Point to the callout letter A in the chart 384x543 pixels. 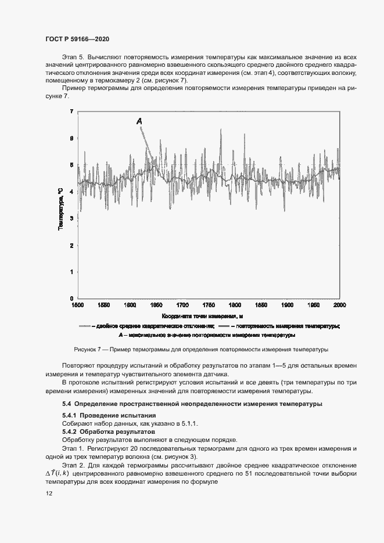tap(139, 121)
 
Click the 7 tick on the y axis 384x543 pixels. tap(71, 111)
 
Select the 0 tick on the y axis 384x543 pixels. tap(71, 298)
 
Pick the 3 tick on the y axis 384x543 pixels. tap(71, 218)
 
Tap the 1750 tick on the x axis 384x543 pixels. tap(208, 304)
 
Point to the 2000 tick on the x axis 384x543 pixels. tap(339, 304)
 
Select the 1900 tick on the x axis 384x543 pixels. tap(287, 304)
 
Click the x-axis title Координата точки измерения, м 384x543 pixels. tap(202, 316)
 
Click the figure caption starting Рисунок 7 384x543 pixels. tap(202, 350)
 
